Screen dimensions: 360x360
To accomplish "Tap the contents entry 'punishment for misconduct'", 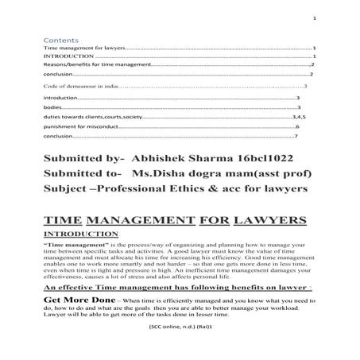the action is (77, 126).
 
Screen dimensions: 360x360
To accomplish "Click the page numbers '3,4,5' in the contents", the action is (304, 115).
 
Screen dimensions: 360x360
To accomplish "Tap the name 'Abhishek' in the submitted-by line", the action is (162, 158).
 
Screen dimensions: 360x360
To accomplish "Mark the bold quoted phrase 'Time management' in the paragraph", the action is (79, 247).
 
